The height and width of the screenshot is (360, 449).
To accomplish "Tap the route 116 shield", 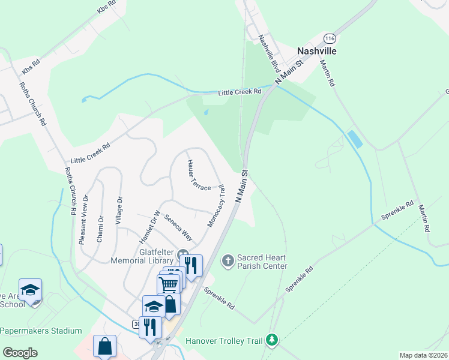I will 328,38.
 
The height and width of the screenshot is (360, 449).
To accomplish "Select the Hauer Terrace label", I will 198,175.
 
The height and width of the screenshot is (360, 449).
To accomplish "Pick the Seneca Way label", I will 178,227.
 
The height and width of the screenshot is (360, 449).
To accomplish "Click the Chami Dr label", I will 100,229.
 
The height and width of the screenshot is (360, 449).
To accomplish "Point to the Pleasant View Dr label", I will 83,218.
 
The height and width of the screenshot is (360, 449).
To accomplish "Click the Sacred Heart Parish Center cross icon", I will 228,260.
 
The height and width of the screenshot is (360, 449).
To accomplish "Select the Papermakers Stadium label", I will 41,331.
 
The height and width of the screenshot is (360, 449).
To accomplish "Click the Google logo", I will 20,353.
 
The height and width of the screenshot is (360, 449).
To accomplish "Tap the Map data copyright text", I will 423,355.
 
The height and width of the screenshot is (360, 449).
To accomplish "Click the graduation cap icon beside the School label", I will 30,290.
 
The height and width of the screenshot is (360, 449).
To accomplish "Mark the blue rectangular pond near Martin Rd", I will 355,139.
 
